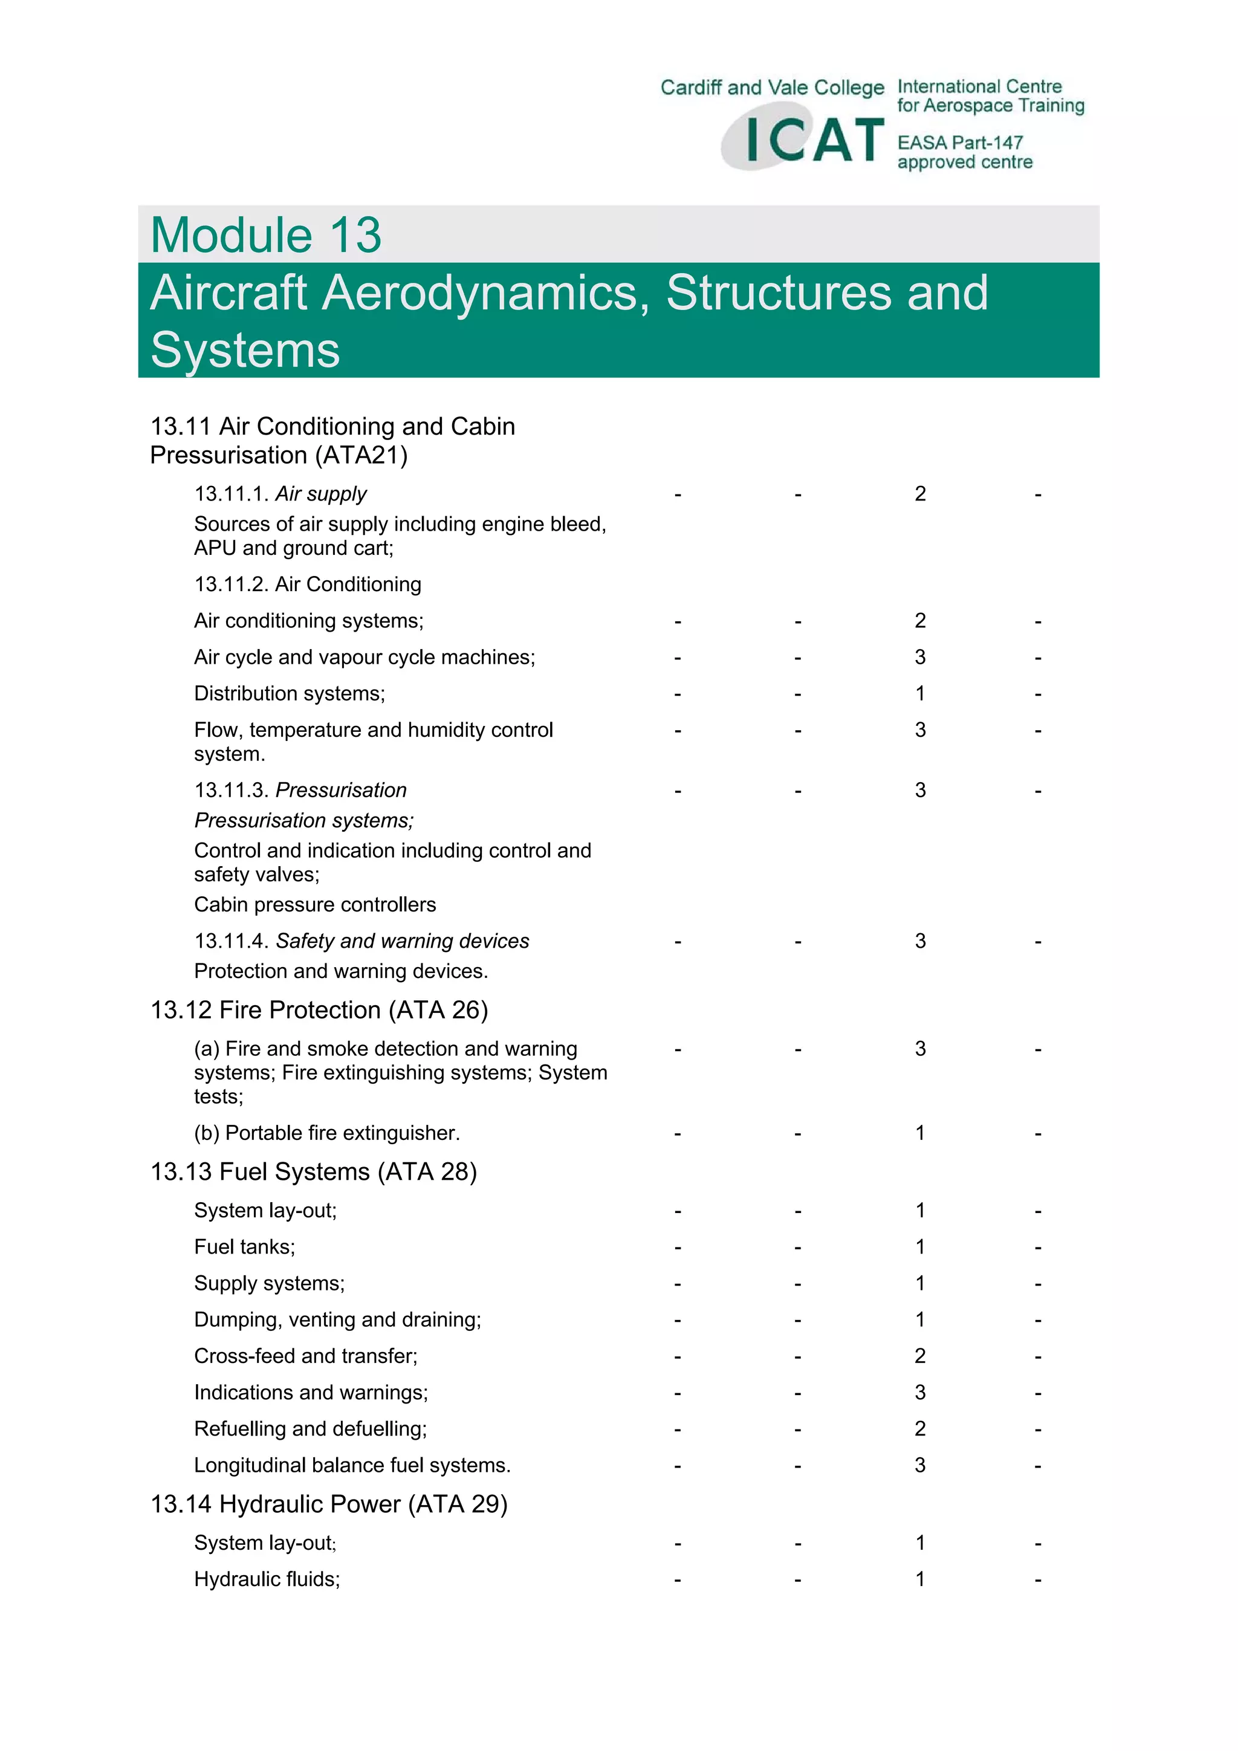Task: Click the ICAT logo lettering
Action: click(813, 140)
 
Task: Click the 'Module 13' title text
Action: click(265, 235)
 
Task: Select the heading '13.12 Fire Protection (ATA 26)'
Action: click(319, 1010)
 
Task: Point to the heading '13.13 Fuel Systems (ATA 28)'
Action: click(314, 1171)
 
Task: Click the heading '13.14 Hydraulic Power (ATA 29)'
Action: click(329, 1504)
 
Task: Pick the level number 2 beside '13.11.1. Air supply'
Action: click(920, 494)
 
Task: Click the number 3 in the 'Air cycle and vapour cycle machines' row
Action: click(920, 658)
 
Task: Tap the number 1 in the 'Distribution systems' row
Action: click(920, 694)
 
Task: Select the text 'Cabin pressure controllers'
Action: click(315, 904)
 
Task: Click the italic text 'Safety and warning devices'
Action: click(402, 941)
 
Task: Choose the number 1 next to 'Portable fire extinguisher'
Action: click(920, 1133)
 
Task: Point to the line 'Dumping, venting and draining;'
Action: click(337, 1320)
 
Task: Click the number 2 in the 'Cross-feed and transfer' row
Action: click(920, 1356)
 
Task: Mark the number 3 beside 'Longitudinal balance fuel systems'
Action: click(920, 1465)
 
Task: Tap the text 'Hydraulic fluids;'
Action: click(267, 1579)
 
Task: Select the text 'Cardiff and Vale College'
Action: click(772, 88)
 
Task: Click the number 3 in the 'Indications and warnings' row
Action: click(920, 1393)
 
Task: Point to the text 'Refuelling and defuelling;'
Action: click(311, 1428)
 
